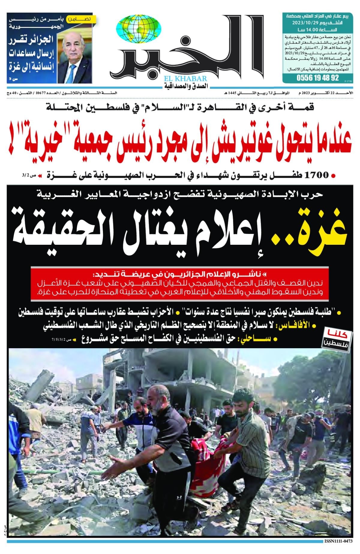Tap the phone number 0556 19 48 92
[x=318, y=78]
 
